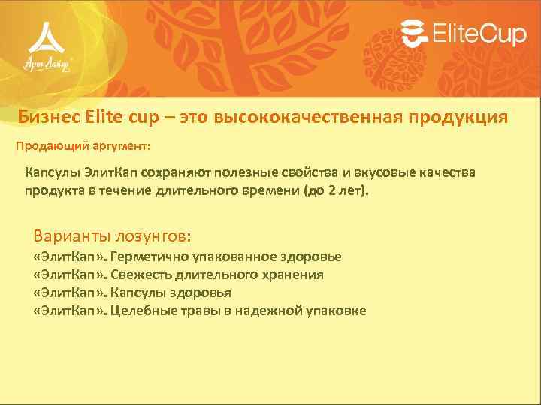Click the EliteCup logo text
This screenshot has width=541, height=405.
[x=478, y=34]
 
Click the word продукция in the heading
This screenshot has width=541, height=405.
[x=459, y=118]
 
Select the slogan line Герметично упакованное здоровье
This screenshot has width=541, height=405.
[x=225, y=256]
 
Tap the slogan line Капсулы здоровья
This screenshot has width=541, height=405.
[x=171, y=292]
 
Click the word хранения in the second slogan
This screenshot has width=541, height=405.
[x=294, y=274]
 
